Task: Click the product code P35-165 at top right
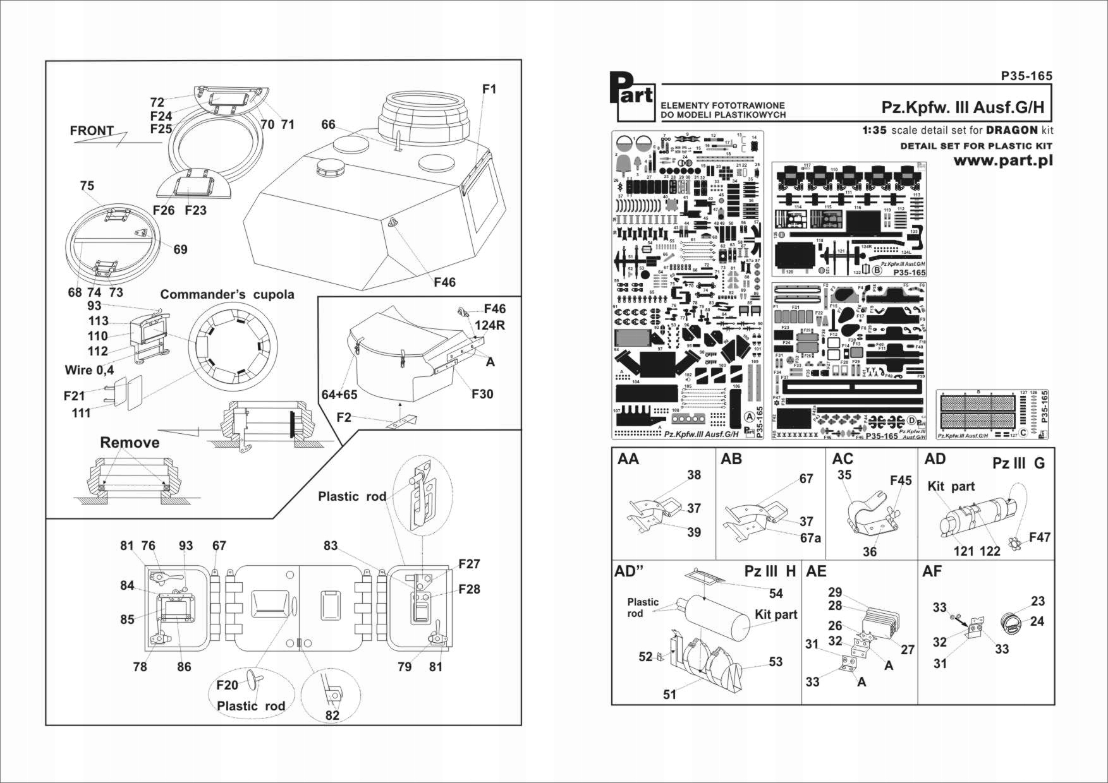(x=1026, y=76)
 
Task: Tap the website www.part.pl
(x=1002, y=161)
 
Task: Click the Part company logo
(x=635, y=97)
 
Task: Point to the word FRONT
(x=92, y=131)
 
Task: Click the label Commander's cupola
(x=227, y=295)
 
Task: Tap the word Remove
(x=130, y=443)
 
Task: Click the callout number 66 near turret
(x=328, y=124)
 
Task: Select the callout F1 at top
(x=489, y=89)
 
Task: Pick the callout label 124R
(x=490, y=325)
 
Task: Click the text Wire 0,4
(x=89, y=370)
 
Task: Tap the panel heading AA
(x=628, y=459)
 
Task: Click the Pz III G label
(x=1018, y=463)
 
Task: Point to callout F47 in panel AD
(x=1039, y=537)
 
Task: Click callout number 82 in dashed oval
(x=332, y=715)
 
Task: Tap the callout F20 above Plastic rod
(x=227, y=686)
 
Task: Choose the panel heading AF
(x=932, y=571)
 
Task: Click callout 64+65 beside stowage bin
(x=339, y=395)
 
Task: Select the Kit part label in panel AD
(x=951, y=486)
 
